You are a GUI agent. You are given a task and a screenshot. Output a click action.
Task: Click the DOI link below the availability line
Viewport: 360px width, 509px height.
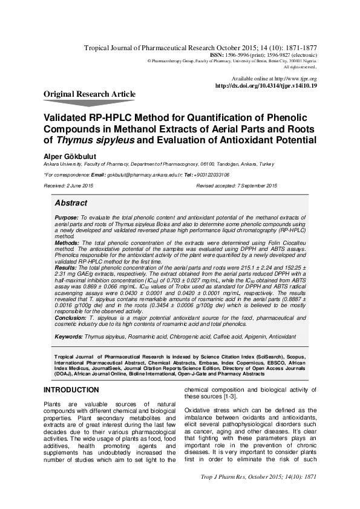point(266,86)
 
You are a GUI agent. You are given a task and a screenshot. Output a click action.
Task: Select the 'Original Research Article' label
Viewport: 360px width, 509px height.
point(90,94)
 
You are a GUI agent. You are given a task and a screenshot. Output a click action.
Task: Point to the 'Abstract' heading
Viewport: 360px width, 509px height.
point(71,203)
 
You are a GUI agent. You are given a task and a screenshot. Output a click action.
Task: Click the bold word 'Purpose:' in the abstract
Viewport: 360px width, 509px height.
point(66,217)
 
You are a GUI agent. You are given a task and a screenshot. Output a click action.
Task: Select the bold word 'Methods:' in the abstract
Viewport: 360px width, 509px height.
point(67,242)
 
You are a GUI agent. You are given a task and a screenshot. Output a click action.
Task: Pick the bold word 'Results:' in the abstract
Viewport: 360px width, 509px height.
point(65,267)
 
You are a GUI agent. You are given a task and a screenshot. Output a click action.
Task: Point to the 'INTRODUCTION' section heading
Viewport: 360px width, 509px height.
point(71,391)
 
